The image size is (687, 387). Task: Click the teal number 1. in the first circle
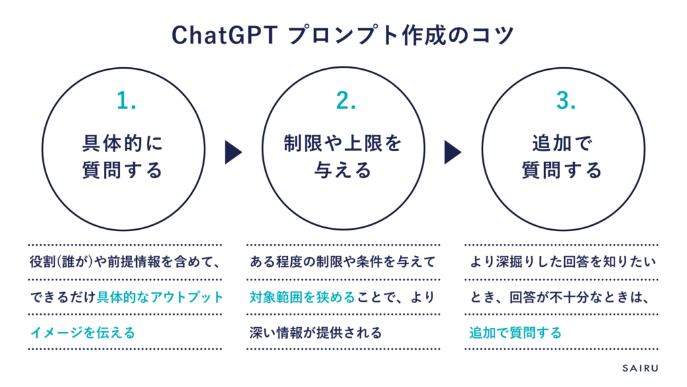(126, 101)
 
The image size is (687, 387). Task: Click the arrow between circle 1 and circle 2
(233, 153)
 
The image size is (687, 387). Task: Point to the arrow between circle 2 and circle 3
(453, 153)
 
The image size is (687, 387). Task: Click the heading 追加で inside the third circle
(562, 142)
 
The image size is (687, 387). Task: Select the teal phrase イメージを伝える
(82, 332)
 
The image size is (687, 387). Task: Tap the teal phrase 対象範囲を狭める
(301, 296)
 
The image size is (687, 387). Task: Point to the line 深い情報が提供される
(315, 332)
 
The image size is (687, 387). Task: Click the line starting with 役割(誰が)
(124, 261)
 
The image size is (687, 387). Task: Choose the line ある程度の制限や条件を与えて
(343, 261)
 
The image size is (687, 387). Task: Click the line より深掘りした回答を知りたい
(561, 261)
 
